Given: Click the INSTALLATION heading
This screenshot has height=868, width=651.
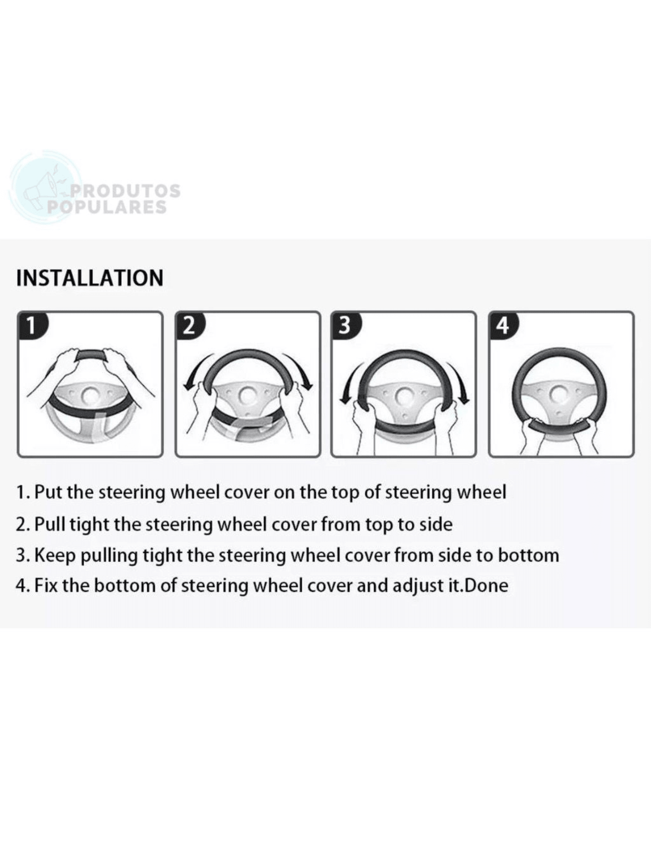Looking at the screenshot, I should click(x=90, y=278).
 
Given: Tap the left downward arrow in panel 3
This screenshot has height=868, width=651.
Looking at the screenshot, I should click(x=347, y=387).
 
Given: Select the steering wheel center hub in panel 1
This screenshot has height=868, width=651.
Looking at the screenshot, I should click(x=90, y=395).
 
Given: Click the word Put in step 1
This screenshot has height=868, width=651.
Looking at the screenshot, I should click(x=49, y=492).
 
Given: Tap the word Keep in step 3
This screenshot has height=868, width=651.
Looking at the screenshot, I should click(x=55, y=555).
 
